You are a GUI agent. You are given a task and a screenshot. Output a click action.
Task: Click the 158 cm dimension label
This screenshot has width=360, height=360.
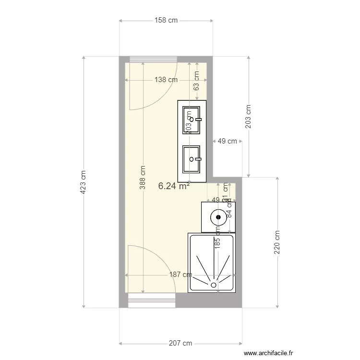click(166, 20)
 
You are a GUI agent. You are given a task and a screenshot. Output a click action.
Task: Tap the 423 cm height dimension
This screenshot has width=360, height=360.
click(83, 182)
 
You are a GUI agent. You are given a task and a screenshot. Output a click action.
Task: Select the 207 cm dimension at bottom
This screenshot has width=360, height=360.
click(180, 343)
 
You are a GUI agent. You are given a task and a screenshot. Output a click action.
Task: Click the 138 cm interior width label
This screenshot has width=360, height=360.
click(166, 80)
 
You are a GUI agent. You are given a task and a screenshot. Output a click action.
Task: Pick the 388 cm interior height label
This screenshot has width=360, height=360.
click(143, 178)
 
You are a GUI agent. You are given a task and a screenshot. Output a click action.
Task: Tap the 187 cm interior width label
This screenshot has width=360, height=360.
click(180, 275)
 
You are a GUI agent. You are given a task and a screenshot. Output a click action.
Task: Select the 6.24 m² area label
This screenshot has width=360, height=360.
click(173, 186)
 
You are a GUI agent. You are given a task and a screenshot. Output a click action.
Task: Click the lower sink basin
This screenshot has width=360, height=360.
click(191, 159)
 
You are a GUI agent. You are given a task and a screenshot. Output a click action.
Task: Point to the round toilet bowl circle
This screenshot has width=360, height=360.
click(218, 216)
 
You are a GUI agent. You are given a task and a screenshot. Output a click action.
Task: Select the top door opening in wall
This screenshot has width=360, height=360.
click(152, 60)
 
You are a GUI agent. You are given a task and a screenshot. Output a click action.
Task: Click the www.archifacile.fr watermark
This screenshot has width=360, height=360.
click(268, 353)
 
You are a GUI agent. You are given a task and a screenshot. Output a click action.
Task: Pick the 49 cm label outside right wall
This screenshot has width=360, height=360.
click(227, 141)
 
